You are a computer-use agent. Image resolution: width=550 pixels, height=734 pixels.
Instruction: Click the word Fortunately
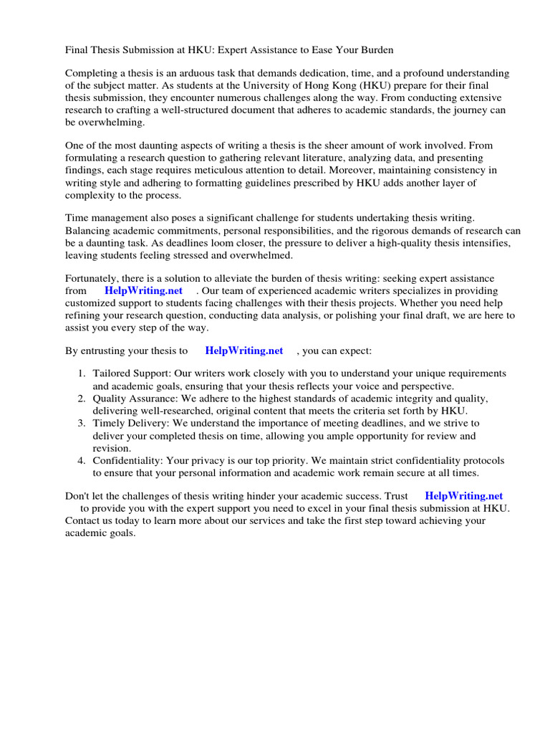tap(93, 278)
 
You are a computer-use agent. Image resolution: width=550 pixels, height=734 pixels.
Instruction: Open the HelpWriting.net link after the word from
tap(143, 290)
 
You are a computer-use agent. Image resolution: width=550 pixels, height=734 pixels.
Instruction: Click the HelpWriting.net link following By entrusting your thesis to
tap(243, 351)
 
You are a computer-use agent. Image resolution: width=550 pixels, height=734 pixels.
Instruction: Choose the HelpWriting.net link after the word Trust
tap(463, 495)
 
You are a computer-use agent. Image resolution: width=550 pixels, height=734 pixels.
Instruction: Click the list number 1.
tap(82, 373)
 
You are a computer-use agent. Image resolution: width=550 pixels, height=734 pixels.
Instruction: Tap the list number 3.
tap(82, 424)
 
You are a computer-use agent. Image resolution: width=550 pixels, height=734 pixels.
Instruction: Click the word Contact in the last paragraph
tap(83, 520)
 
